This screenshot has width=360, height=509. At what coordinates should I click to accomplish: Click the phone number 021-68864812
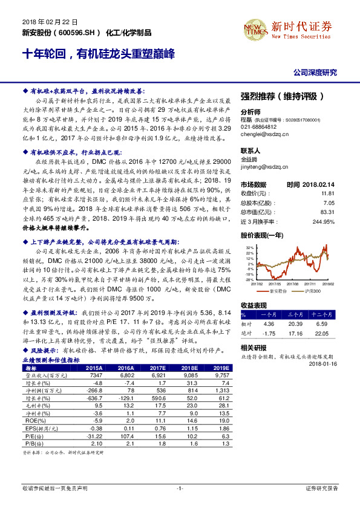pos(261,127)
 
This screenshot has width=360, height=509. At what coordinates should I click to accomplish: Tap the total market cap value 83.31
pos(327,212)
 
